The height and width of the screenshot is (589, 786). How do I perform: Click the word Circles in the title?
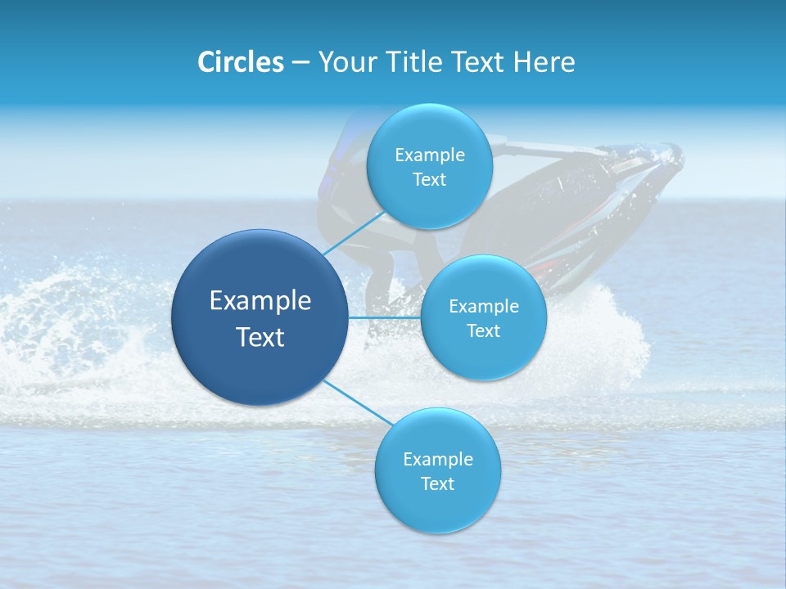(241, 62)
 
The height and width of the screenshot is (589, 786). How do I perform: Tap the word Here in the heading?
(544, 62)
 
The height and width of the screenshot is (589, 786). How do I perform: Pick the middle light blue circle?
(483, 352)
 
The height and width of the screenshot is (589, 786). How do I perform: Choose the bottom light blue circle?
(437, 507)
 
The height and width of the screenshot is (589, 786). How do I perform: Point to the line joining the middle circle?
(385, 317)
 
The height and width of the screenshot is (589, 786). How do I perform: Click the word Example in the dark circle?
(260, 301)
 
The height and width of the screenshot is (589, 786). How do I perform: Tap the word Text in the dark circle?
(260, 337)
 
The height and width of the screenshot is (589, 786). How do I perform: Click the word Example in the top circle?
(430, 155)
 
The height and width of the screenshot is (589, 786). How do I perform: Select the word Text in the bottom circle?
(437, 484)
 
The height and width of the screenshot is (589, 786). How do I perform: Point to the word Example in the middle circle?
(484, 307)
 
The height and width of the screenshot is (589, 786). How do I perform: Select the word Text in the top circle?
(429, 180)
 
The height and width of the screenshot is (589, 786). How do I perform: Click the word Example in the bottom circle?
(438, 460)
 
